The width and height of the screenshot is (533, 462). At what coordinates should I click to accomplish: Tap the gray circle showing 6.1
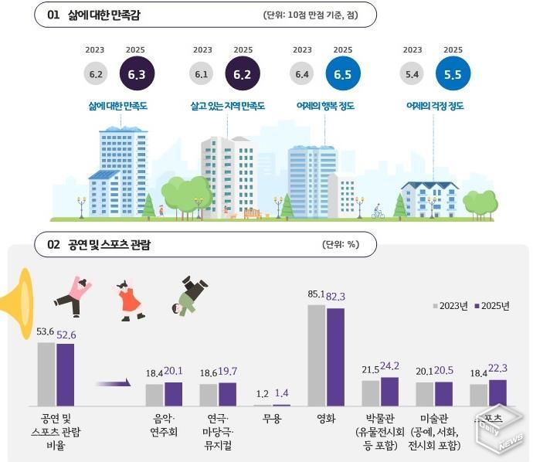(202, 74)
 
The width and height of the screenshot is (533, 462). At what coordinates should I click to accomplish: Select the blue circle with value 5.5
(452, 74)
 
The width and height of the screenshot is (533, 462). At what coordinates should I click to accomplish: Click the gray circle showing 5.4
(412, 74)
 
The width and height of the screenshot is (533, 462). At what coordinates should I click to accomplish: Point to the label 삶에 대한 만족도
(118, 107)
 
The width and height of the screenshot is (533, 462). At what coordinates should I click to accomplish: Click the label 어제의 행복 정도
(325, 107)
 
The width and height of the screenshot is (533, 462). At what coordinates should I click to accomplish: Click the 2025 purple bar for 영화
(335, 356)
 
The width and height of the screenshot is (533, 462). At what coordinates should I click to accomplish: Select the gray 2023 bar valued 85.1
(317, 355)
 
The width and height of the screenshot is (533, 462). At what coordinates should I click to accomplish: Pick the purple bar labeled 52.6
(66, 374)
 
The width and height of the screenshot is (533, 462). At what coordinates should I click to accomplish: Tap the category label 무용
(271, 420)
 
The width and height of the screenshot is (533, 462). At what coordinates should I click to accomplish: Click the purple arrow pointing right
(113, 382)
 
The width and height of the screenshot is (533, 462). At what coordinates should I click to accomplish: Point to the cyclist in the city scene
(378, 212)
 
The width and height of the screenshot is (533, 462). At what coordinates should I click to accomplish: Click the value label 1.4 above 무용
(281, 393)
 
